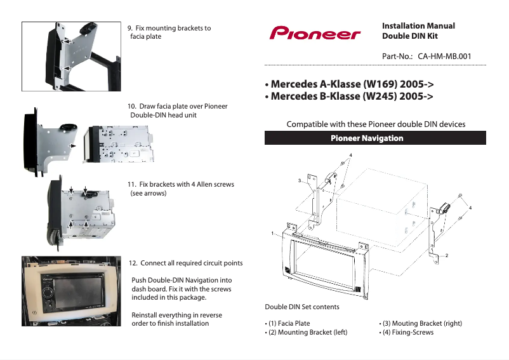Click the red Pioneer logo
click(315, 33)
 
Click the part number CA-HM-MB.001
click(445, 57)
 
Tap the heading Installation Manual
click(418, 26)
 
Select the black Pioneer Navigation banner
click(375, 138)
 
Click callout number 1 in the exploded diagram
click(272, 233)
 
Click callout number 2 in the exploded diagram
click(447, 255)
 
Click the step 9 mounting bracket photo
click(72, 57)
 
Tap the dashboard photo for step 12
click(71, 290)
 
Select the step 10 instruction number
click(133, 106)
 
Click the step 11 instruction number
click(132, 185)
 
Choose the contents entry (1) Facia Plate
click(288, 323)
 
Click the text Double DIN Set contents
click(302, 307)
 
